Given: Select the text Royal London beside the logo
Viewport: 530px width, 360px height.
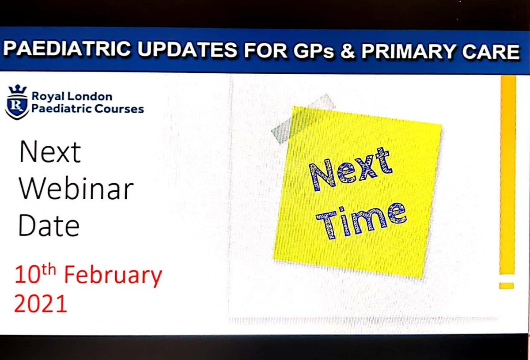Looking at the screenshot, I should coord(72,97).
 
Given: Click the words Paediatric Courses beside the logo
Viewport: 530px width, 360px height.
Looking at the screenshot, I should coord(87,109).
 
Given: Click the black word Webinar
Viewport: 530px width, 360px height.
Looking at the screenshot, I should coord(75,189).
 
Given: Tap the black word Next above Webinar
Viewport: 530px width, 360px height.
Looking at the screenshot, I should coord(49,152).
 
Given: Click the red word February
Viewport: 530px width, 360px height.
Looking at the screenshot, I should coord(114,276).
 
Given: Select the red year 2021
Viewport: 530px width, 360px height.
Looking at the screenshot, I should coord(41,304).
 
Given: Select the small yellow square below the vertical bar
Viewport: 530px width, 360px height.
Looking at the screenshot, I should coord(507,286).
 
